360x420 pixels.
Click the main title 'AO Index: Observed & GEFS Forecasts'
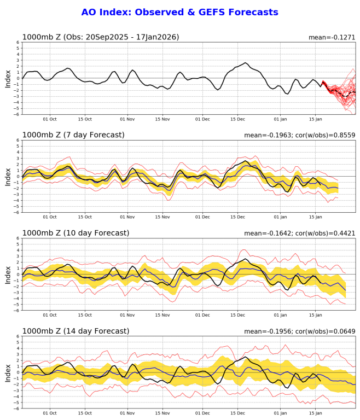[x=179, y=12]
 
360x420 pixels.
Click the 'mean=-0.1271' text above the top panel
[x=332, y=37]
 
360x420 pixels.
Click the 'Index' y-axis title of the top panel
[x=8, y=78]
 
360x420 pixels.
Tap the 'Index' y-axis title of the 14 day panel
[x=8, y=372]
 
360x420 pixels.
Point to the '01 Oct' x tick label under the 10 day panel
[x=50, y=316]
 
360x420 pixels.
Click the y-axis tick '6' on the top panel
[x=17, y=42]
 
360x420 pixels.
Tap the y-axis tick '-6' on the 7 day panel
[x=16, y=212]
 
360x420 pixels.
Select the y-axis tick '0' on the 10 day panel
[x=17, y=275]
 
